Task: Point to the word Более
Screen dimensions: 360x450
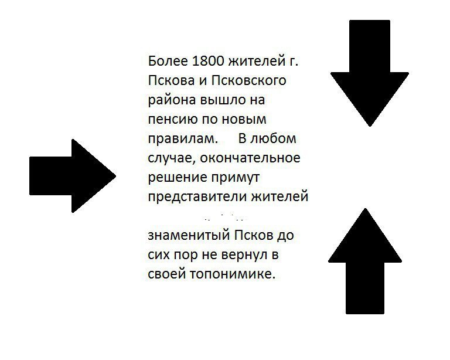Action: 165,61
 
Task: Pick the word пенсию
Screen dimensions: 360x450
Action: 171,120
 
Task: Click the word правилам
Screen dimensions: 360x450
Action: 182,139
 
